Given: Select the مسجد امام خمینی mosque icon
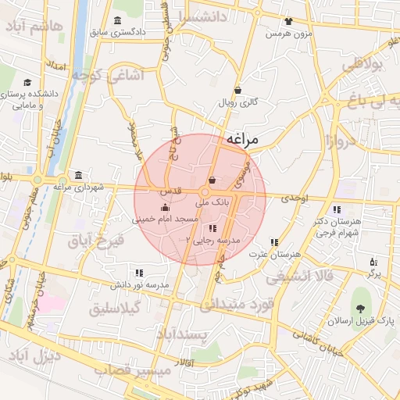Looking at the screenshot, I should click(x=164, y=208).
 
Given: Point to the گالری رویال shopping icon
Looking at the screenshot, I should click(x=237, y=90).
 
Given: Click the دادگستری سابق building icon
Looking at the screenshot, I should click(x=117, y=20).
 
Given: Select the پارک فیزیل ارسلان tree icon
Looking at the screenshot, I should click(x=360, y=309).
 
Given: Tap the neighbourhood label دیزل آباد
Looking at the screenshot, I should click(x=34, y=357).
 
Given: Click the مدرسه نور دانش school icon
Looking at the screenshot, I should click(x=139, y=273).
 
